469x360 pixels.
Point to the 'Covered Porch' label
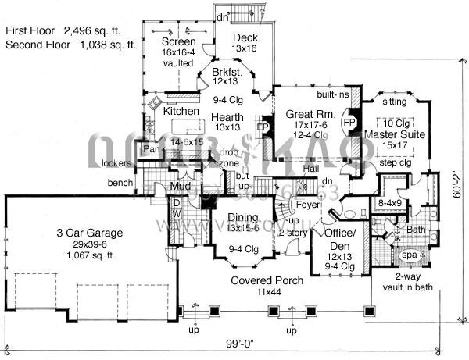point(262,280)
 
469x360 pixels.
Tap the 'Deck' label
point(244,37)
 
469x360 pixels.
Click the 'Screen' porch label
point(178,41)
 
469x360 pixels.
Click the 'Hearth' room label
point(229,118)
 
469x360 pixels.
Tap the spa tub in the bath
point(408,255)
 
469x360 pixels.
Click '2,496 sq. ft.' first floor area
point(101,31)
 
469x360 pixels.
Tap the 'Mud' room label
point(181,187)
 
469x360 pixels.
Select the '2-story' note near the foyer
point(292,233)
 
